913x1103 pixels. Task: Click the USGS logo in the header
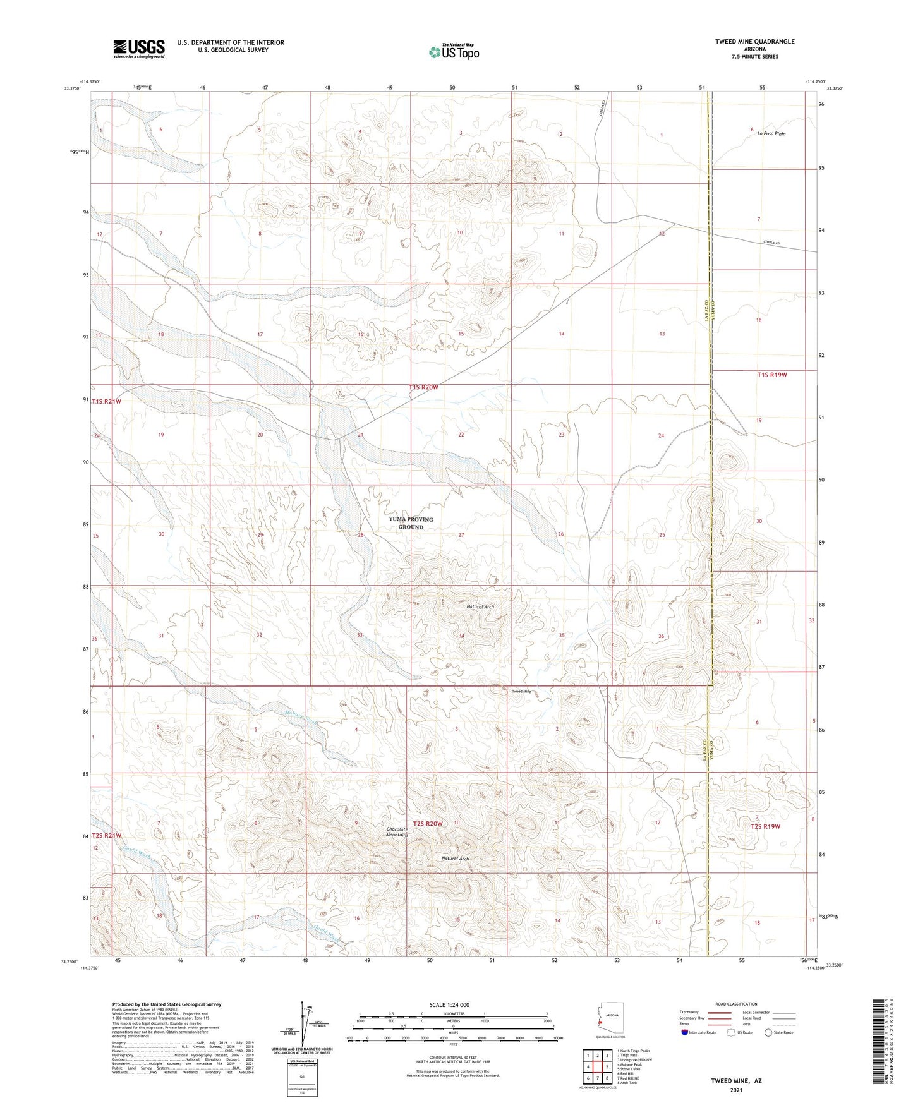coord(138,48)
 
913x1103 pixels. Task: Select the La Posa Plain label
coord(772,134)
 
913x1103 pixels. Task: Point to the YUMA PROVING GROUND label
coord(411,522)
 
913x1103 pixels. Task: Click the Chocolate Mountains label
coord(397,832)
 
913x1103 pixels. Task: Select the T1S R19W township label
coord(771,375)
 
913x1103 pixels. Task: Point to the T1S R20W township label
coord(423,387)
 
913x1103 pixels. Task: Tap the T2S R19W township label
coord(765,826)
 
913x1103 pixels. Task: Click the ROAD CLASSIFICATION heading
coord(736,1004)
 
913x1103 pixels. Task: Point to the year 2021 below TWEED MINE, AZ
coord(735,1090)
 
